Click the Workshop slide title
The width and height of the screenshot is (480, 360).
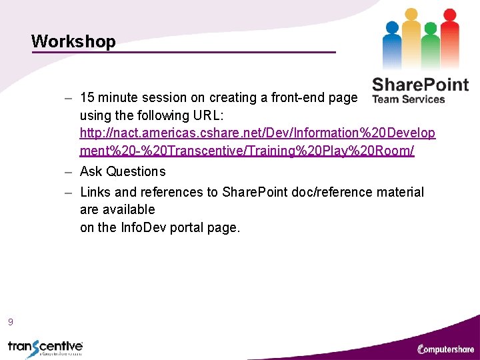point(73,41)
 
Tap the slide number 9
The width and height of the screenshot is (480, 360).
point(10,322)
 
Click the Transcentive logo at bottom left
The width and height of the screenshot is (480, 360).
point(45,347)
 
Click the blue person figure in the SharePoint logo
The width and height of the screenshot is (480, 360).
point(393,43)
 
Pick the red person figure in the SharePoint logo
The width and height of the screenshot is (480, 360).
point(450,37)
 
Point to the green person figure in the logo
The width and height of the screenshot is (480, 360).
point(431,43)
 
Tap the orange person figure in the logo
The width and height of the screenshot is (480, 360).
point(411,37)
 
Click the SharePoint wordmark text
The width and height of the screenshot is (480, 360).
point(420,85)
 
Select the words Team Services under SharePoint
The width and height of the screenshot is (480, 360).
point(408,99)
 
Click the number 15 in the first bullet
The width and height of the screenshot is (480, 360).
point(87,98)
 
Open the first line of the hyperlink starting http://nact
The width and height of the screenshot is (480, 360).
point(257,133)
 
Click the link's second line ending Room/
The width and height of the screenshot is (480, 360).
point(247,151)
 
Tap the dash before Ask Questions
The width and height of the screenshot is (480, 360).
point(69,172)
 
